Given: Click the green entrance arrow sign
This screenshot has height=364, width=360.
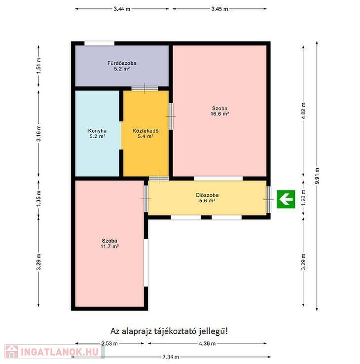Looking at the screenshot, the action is pos(286,199).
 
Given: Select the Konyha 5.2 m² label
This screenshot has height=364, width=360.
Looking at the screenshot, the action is pos(98,134).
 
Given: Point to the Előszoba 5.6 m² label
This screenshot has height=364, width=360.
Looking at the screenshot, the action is pos(207,198).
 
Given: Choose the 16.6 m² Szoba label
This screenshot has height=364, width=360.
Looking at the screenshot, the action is pos(219,111).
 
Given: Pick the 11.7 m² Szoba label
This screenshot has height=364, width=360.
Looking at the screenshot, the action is pos(109,244).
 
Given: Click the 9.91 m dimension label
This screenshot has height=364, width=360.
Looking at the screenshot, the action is pos(317,176).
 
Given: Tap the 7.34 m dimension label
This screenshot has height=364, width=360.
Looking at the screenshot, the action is pos(171,357).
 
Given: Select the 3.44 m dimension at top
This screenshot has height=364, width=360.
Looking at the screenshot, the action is pos(122,9).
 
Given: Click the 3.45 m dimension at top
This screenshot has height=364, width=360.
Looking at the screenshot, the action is pos(219,9).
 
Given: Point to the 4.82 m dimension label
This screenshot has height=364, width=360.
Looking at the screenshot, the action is pos(303,111).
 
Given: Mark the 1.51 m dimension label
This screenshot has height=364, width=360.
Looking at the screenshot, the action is pos(39,66).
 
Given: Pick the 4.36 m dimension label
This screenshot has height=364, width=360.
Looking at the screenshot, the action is pos(207,343).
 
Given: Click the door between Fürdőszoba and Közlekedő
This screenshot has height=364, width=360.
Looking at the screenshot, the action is pos(144,88).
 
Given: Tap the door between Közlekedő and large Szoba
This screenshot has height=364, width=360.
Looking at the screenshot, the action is pos(171,116).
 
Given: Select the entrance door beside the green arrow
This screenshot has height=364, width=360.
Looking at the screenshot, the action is pos(269,199).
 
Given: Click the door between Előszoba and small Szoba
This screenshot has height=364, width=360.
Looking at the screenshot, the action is pos(146,199).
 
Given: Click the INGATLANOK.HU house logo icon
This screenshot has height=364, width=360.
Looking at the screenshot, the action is pos(11,352).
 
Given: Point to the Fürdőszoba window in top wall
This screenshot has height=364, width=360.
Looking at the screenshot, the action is pos(99,43).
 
